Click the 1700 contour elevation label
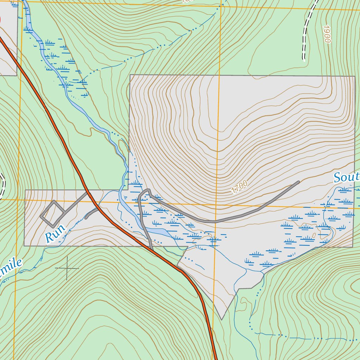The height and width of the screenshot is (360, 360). (x=239, y=187)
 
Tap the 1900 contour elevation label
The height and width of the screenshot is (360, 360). (x=327, y=34)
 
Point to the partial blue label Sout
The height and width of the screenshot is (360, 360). (x=346, y=177)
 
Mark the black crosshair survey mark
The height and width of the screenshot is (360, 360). (x=67, y=268)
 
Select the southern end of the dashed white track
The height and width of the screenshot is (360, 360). (x=304, y=60)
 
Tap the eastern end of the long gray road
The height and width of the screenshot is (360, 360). (x=298, y=182)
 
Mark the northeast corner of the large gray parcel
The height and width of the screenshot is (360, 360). (x=354, y=76)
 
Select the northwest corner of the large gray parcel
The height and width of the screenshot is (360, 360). (x=130, y=75)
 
